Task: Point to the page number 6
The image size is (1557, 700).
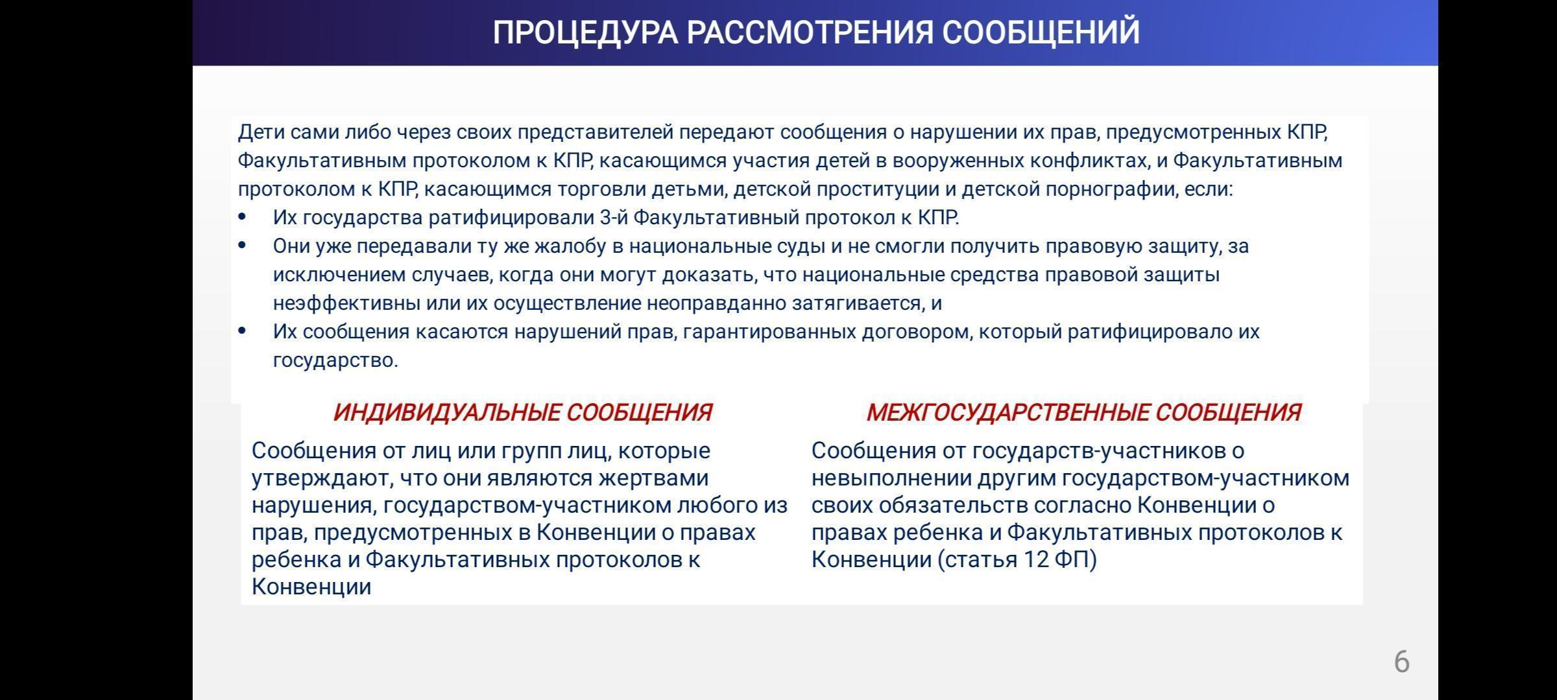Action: point(1401,662)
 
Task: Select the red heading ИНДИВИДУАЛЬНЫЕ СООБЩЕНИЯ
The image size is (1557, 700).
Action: point(522,412)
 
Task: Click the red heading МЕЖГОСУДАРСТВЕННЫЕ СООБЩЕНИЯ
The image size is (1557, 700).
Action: point(1083,412)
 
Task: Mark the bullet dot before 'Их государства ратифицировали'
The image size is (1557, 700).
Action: point(243,217)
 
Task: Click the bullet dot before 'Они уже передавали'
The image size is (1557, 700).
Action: point(243,246)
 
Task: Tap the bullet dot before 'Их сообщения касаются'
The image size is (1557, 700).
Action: point(243,331)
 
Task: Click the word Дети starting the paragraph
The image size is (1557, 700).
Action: point(261,132)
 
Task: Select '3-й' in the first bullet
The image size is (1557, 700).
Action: point(613,217)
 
